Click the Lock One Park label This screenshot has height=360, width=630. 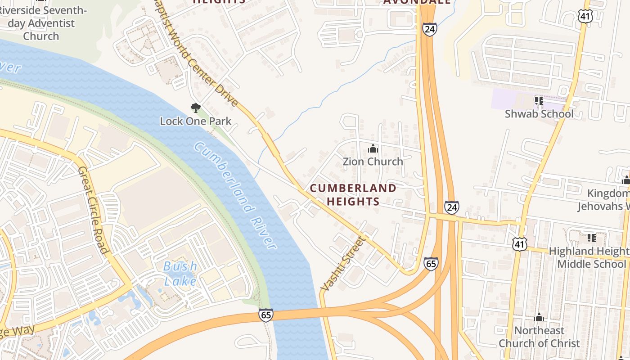coord(196,121)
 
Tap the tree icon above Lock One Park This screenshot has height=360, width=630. coord(195,108)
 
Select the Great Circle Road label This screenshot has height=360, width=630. coord(93,210)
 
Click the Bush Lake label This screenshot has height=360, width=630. coord(180,274)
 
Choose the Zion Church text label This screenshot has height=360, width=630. coord(373,162)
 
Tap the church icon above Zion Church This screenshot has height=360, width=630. coord(373,148)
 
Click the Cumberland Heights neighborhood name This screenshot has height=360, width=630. coord(353,194)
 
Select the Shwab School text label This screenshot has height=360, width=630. coord(539,114)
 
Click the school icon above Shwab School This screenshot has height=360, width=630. coord(539,100)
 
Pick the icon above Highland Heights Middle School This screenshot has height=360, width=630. coord(591,238)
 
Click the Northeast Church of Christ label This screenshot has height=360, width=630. coord(539,337)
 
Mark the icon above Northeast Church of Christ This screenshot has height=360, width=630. coord(539,318)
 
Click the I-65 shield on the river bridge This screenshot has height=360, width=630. coord(266,315)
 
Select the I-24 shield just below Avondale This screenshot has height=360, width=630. coord(429,30)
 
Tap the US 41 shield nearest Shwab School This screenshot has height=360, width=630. coord(586,16)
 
